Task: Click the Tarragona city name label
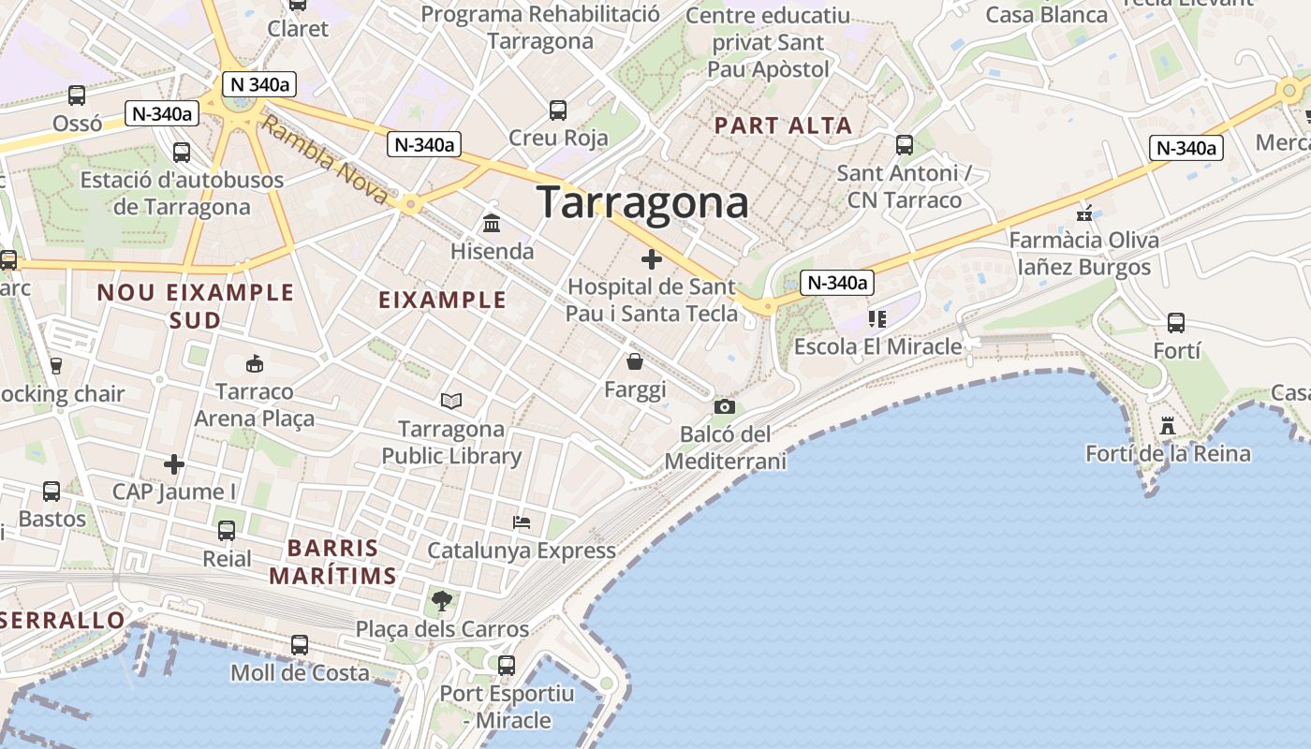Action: pos(642,202)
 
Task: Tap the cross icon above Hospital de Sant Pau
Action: pos(652,259)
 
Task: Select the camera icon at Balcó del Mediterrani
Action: pos(724,406)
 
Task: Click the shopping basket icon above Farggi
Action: pos(635,361)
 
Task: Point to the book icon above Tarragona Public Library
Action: pos(451,401)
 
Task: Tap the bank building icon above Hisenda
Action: pos(492,224)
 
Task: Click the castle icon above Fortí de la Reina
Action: pos(1167,426)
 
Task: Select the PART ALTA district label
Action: pos(783,125)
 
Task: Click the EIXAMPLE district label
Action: pos(442,300)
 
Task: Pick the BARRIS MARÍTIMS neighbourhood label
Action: pos(333,562)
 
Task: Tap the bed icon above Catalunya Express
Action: pos(522,522)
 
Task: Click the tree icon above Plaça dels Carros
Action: pos(441,600)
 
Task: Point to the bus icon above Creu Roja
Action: pos(558,110)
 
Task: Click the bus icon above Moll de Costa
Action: pos(300,645)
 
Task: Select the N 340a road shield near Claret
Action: pos(259,84)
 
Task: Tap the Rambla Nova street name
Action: pos(324,160)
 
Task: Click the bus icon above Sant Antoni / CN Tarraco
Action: pos(905,145)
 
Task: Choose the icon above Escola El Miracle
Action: pos(876,319)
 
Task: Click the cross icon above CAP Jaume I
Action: pos(174,463)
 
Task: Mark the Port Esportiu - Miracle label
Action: pos(507,707)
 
